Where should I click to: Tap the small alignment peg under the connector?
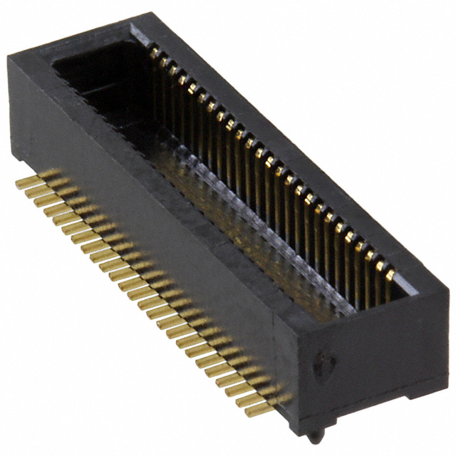click(x=314, y=434)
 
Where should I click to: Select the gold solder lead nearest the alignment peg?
click(x=264, y=408)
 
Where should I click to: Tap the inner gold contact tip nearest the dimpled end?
click(x=390, y=274)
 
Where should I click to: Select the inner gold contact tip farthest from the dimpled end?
click(x=153, y=52)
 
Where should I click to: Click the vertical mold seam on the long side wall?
click(x=275, y=356)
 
